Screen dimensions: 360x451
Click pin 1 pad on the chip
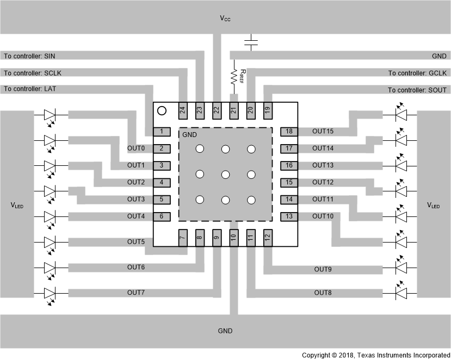pos(162,132)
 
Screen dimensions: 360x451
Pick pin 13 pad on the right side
pos(289,216)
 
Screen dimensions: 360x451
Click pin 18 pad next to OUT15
pos(289,132)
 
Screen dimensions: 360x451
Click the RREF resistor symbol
pos(234,77)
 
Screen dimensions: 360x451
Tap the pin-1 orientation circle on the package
pos(162,111)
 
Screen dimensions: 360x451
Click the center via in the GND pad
pos(225,174)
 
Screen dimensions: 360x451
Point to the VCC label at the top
pos(225,18)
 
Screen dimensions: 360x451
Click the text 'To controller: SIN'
pos(29,56)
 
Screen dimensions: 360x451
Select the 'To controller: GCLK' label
pos(417,73)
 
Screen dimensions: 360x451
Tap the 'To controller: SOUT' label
pos(417,90)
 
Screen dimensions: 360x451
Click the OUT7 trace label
pos(136,293)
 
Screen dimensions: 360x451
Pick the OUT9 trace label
pos(323,269)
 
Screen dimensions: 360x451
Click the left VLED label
pos(17,206)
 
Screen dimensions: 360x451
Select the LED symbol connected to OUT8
pos(401,293)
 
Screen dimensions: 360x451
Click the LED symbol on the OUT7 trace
pos(50,293)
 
